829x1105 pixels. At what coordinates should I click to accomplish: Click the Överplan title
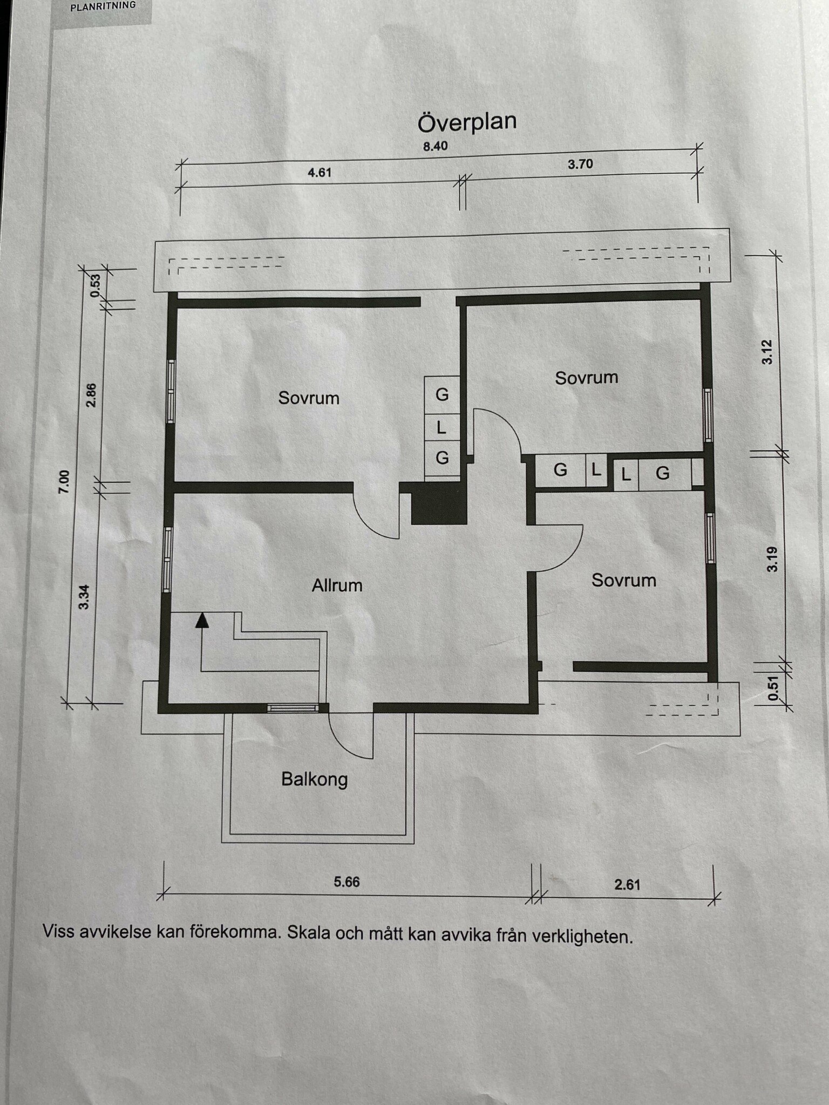click(x=467, y=122)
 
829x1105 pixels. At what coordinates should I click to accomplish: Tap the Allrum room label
click(x=337, y=585)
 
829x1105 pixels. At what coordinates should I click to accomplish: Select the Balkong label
click(x=315, y=780)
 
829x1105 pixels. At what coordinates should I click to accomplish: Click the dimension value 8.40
click(x=436, y=146)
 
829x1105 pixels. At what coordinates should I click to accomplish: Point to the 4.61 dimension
click(x=320, y=173)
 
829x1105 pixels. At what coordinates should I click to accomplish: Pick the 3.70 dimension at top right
click(x=580, y=164)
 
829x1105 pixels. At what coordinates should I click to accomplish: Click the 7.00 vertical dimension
click(x=64, y=482)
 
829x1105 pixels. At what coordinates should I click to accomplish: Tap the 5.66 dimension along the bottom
click(x=346, y=882)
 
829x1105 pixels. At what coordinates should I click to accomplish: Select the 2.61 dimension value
click(x=627, y=885)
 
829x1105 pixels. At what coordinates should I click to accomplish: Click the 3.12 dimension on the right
click(x=767, y=352)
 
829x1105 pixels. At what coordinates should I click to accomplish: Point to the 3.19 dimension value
click(x=772, y=560)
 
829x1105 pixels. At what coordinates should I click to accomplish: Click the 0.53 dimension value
click(x=96, y=286)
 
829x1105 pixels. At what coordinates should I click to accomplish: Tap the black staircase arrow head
click(x=202, y=620)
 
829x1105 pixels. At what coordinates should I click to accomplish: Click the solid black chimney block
click(x=439, y=504)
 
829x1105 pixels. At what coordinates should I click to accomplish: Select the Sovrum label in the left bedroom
click(x=309, y=398)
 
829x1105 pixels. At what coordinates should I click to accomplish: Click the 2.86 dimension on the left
click(x=92, y=395)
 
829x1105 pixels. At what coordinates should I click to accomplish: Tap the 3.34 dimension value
click(x=84, y=598)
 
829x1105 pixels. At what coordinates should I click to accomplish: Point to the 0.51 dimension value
click(x=773, y=689)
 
